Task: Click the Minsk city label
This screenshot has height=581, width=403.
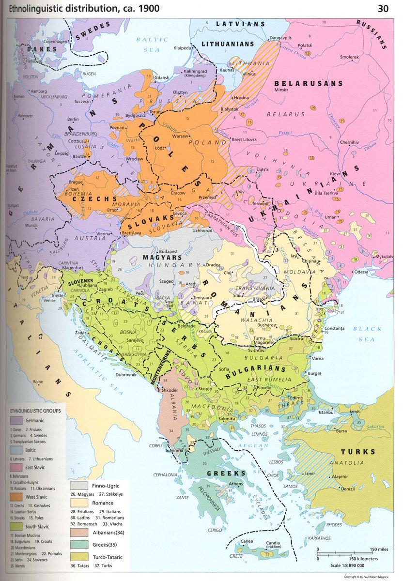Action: click(280, 90)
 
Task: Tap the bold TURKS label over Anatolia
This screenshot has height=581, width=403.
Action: click(357, 452)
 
